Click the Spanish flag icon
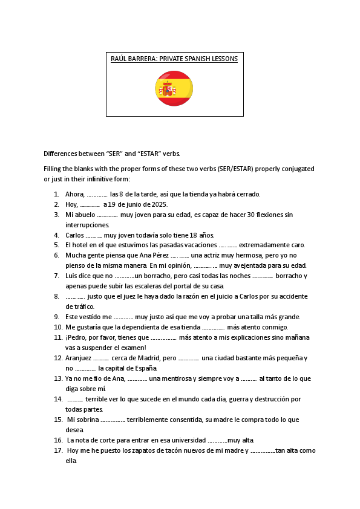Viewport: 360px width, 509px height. pyautogui.click(x=174, y=88)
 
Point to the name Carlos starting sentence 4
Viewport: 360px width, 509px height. pyautogui.click(x=74, y=235)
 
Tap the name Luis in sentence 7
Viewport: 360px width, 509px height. pyautogui.click(x=72, y=276)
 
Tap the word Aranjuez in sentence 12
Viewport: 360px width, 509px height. pyautogui.click(x=77, y=358)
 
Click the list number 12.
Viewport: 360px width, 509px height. pyautogui.click(x=58, y=358)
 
